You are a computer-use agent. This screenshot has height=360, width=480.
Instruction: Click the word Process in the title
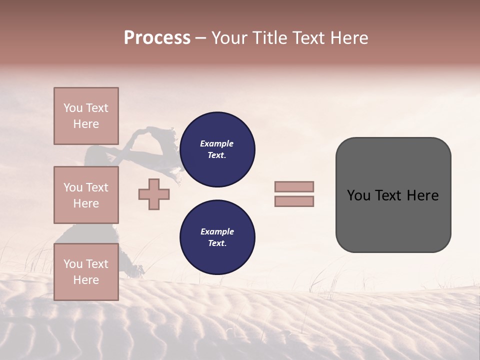tap(157, 38)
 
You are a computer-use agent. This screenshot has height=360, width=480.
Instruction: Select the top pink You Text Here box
tap(86, 116)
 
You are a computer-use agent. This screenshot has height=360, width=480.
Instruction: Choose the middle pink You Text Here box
tap(86, 195)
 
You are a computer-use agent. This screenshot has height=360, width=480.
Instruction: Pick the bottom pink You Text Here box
tap(86, 272)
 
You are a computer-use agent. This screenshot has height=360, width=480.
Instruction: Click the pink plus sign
tap(154, 194)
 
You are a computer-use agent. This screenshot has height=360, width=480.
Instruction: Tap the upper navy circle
tap(217, 149)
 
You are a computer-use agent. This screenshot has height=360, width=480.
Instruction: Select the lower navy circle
tap(217, 237)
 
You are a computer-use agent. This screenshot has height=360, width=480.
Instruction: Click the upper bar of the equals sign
tap(294, 187)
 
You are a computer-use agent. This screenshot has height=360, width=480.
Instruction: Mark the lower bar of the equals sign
tap(294, 201)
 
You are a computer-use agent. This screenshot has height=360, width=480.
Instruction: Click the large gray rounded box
tap(393, 195)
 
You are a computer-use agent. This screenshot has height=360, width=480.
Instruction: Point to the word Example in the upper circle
tap(217, 143)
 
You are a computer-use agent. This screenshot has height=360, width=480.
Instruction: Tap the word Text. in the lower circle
tap(217, 243)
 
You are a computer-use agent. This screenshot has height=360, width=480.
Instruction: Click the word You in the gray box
tap(358, 195)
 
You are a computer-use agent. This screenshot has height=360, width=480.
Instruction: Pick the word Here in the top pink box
tap(86, 124)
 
